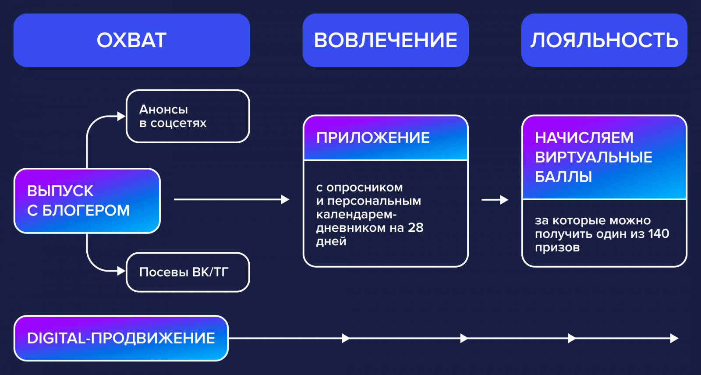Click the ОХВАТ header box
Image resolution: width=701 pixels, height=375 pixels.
[x=131, y=40]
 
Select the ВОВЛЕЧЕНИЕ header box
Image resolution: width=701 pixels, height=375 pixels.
[x=386, y=40]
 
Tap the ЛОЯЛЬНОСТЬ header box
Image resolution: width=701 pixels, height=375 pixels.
[x=604, y=40]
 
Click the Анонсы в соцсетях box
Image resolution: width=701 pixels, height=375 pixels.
[x=188, y=117]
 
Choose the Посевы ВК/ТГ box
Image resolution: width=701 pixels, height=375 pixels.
[x=188, y=272]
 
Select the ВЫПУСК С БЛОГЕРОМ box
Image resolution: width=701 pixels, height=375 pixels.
[x=87, y=201]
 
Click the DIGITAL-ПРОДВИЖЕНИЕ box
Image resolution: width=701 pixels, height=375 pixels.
[x=121, y=338]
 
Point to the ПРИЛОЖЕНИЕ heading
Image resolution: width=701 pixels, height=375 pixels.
[x=373, y=138]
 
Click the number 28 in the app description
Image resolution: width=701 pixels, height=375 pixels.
[x=415, y=228]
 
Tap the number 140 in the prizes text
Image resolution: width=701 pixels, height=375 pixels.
[x=659, y=234]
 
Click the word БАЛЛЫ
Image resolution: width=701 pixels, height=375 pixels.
[x=563, y=177]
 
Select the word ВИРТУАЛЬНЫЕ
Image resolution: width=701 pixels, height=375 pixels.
[x=594, y=157]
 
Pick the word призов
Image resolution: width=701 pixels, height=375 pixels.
[x=557, y=248]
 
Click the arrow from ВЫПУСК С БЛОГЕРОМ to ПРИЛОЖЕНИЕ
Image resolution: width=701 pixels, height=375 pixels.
[x=231, y=200]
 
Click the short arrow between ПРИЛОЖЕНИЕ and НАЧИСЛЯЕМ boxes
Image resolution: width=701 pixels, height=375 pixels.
[x=495, y=200]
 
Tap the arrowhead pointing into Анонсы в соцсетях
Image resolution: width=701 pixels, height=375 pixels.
[x=121, y=117]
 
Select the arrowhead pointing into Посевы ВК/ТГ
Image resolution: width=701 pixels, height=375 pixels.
[x=121, y=271]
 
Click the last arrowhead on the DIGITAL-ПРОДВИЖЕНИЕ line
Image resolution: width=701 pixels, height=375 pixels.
[x=674, y=338]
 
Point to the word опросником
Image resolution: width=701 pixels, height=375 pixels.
[x=365, y=187]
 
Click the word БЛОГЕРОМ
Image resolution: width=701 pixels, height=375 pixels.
[x=86, y=211]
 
